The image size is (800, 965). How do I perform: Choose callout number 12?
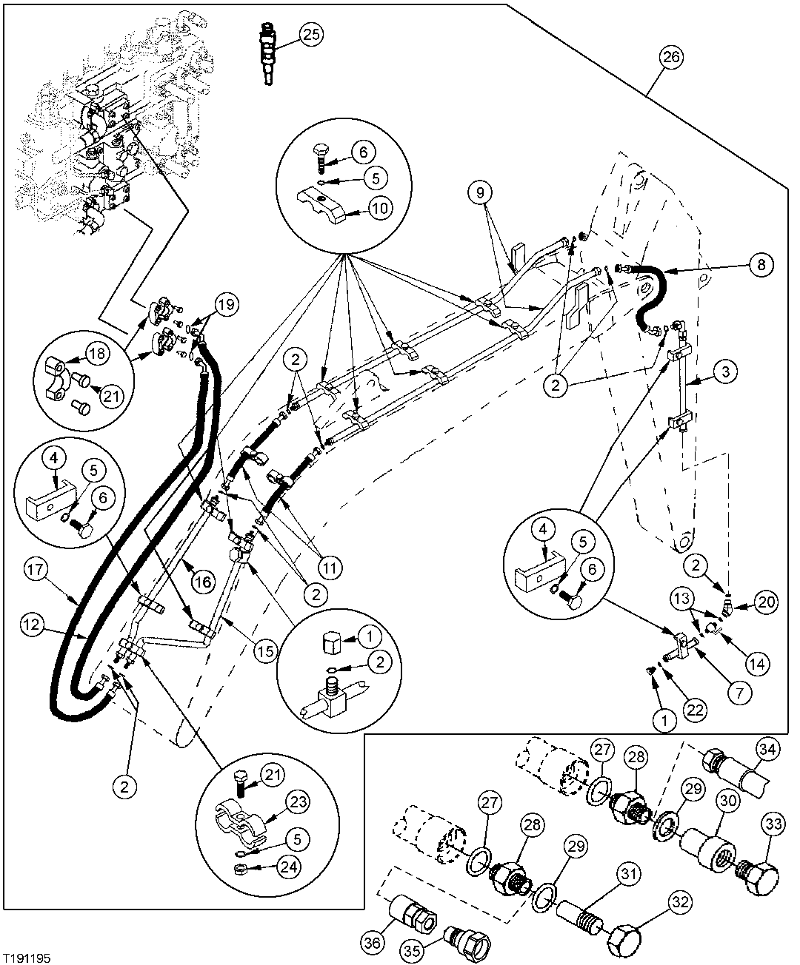point(28,625)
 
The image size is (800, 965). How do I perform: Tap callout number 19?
point(227,303)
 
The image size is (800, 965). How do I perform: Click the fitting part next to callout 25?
point(269,55)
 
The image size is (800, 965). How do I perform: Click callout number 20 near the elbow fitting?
point(766,602)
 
